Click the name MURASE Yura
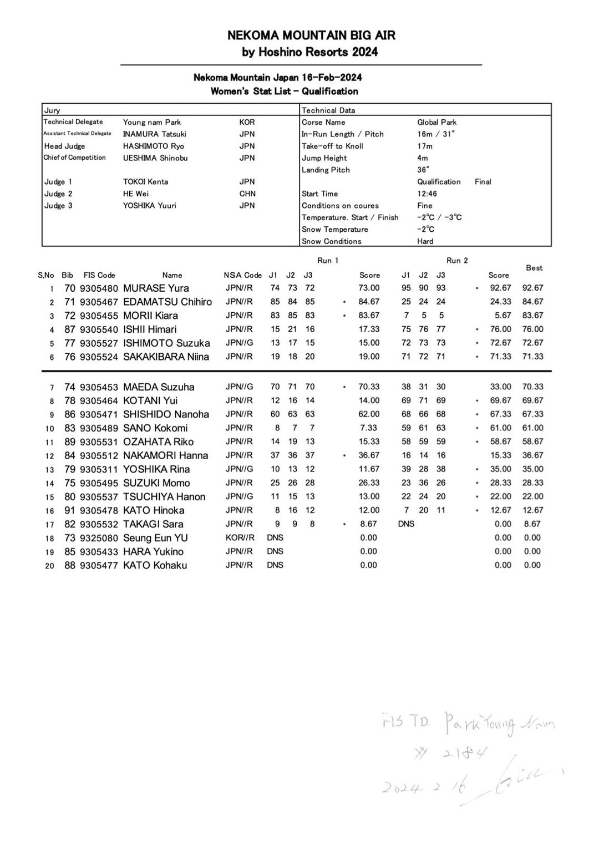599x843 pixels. pyautogui.click(x=156, y=288)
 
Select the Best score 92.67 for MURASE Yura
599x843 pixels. pyautogui.click(x=532, y=288)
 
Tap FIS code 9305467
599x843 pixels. pyautogui.click(x=99, y=302)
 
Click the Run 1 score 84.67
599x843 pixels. pyautogui.click(x=369, y=302)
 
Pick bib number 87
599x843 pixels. pyautogui.click(x=70, y=329)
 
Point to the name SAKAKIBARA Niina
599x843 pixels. pyautogui.click(x=166, y=357)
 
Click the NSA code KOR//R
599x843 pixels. pyautogui.click(x=240, y=538)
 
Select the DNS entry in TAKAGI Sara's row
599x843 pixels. pyautogui.click(x=406, y=524)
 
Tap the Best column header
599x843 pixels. pyautogui.click(x=534, y=268)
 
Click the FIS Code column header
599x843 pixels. pyautogui.click(x=99, y=275)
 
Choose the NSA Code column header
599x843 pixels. pyautogui.click(x=242, y=275)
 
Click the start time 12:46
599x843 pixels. pyautogui.click(x=427, y=194)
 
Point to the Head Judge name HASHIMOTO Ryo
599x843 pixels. pyautogui.click(x=153, y=146)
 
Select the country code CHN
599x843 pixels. pyautogui.click(x=247, y=194)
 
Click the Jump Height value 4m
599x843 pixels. pyautogui.click(x=423, y=158)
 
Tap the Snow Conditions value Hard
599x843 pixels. pyautogui.click(x=425, y=242)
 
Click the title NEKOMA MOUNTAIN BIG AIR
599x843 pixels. pyautogui.click(x=311, y=35)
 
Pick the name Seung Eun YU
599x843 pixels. pyautogui.click(x=155, y=538)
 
